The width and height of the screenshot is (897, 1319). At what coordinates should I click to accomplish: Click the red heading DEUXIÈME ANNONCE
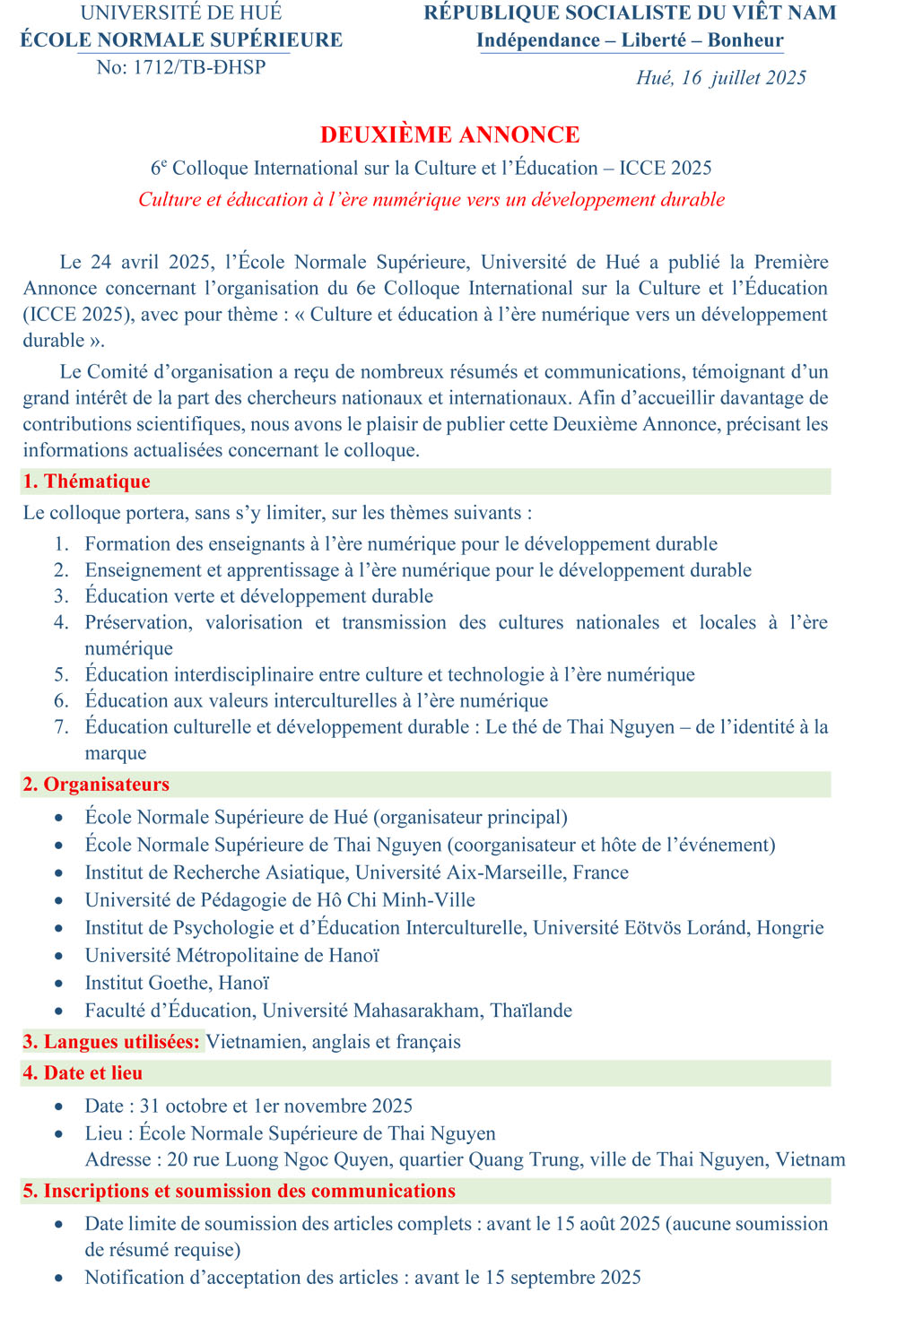tap(449, 135)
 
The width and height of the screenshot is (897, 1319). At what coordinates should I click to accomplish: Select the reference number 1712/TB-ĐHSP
tap(199, 67)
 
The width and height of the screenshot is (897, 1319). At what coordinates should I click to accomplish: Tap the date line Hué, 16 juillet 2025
tap(721, 78)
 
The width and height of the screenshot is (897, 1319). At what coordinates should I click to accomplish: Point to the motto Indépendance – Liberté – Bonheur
tap(630, 40)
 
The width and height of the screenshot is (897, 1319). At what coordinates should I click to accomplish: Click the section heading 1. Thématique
tap(86, 482)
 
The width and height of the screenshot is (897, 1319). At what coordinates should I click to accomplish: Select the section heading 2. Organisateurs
tap(96, 785)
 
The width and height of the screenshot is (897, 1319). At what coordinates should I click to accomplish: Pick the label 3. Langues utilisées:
tap(111, 1042)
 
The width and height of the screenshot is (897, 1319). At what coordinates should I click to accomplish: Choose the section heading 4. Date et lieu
tap(83, 1073)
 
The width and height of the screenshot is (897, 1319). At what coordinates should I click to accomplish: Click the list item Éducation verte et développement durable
tap(259, 596)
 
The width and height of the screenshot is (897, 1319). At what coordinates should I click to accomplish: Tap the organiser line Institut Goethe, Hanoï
tap(177, 984)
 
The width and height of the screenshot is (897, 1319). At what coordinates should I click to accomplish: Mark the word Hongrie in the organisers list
tap(790, 928)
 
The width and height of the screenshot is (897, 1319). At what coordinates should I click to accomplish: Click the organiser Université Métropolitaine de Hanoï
tap(232, 956)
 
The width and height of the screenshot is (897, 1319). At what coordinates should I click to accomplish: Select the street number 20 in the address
tap(178, 1160)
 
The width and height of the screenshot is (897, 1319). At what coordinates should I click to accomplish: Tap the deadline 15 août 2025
tap(607, 1224)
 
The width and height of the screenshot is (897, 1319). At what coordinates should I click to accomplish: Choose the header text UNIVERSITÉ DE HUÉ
tap(181, 13)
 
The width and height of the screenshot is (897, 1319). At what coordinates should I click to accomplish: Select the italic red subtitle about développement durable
tap(431, 200)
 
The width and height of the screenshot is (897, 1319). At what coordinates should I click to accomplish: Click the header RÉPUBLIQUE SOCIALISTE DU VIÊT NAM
tap(630, 13)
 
